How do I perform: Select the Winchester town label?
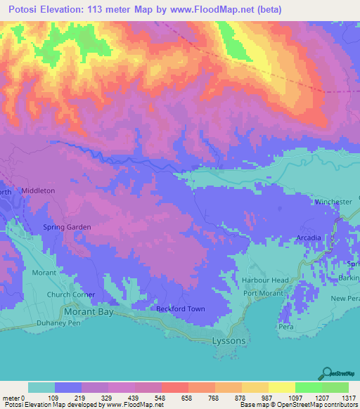point(333,202)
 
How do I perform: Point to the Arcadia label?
point(309,238)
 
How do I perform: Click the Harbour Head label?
point(265,280)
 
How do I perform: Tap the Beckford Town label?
point(181,309)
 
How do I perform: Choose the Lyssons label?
point(228,341)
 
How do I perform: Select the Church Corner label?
point(70,294)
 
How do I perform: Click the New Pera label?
point(345,299)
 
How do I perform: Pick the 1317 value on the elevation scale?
point(348,398)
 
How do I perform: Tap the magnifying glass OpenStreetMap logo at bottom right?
point(327,372)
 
